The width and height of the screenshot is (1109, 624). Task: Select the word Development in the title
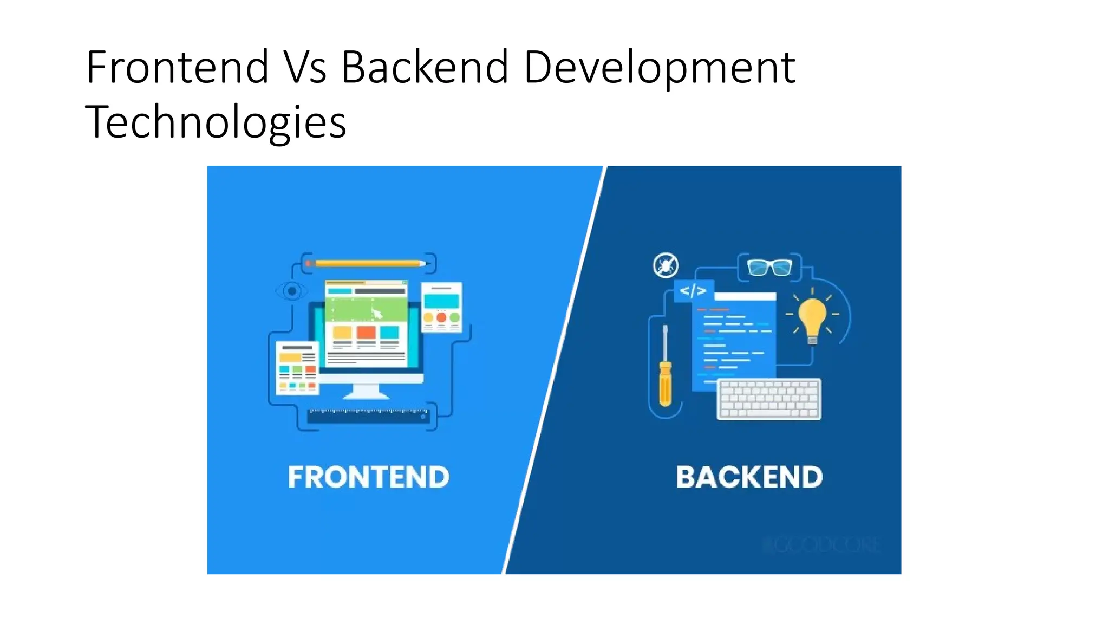point(659,68)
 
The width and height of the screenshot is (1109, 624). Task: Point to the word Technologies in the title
point(216,123)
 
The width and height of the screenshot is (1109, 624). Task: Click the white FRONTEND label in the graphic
point(368,477)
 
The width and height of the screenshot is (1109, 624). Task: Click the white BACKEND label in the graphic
point(749,477)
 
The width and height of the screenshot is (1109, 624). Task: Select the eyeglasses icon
point(769,267)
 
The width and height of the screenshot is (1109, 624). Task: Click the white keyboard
point(769,399)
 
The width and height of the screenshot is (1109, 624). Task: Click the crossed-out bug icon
point(666,265)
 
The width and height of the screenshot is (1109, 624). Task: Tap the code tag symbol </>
point(693,291)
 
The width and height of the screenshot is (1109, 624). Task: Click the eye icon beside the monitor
point(292,291)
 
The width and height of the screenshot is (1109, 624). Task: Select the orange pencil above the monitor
point(367,264)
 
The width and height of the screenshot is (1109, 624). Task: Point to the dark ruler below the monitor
point(368,416)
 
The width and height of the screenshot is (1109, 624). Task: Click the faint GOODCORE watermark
point(820,545)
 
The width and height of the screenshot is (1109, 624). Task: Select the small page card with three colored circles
point(441,307)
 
